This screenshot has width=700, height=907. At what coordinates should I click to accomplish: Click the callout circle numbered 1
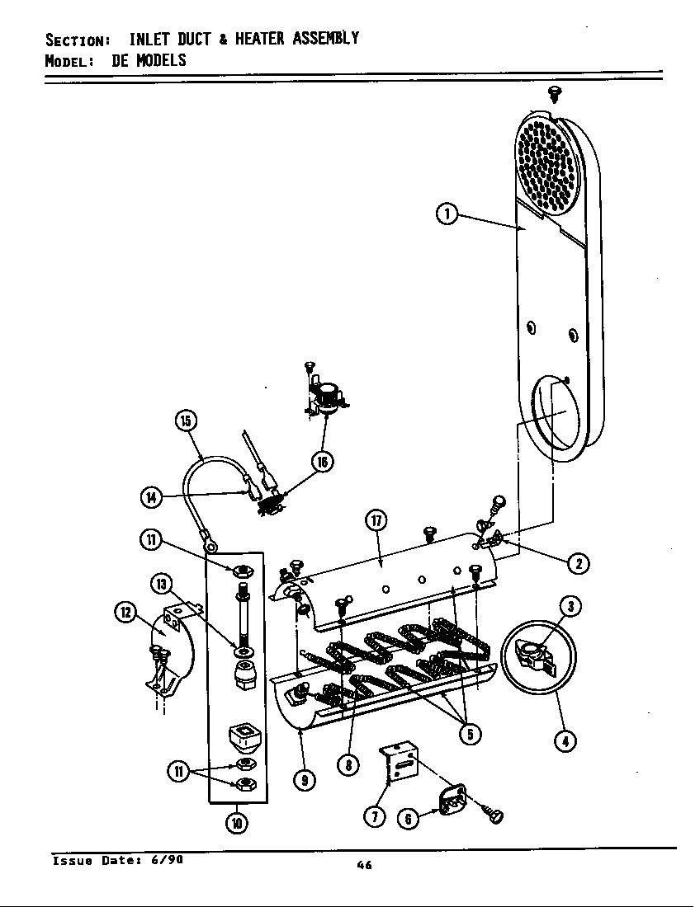pyautogui.click(x=447, y=214)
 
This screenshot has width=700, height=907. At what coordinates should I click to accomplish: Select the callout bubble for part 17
pyautogui.click(x=377, y=521)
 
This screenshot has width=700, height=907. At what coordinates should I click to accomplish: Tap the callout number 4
pyautogui.click(x=565, y=741)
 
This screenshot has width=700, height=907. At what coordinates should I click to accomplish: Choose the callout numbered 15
pyautogui.click(x=187, y=421)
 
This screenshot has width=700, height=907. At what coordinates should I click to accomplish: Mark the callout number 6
pyautogui.click(x=408, y=817)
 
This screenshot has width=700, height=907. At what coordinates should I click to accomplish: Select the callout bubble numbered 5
pyautogui.click(x=470, y=735)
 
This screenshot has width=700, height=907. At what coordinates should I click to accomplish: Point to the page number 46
pyautogui.click(x=364, y=865)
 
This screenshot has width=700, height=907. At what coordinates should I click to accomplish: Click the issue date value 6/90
pyautogui.click(x=168, y=859)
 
